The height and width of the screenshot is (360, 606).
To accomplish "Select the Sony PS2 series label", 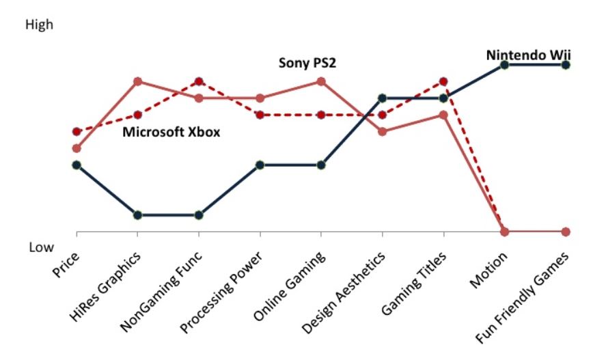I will (308, 64).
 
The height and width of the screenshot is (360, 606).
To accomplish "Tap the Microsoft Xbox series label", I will (171, 132).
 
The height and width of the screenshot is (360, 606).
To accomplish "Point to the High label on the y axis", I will (38, 25).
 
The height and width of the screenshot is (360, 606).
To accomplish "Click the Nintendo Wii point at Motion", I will (504, 65).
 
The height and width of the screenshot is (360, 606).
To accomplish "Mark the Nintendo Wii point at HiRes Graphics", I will (138, 215).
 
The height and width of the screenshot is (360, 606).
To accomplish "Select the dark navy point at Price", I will (77, 165).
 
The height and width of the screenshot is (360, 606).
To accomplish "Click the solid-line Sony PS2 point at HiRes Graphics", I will (138, 81).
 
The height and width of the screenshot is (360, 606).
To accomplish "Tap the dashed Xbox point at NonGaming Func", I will (199, 81).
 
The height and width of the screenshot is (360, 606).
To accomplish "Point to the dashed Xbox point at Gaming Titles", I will (443, 81).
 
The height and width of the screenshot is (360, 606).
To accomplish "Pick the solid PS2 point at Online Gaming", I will (321, 81).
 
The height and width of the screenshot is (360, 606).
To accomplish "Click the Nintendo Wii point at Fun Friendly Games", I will (566, 65).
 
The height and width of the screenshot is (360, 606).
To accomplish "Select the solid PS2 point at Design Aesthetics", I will (383, 131).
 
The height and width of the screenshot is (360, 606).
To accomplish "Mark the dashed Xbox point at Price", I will (77, 131).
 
